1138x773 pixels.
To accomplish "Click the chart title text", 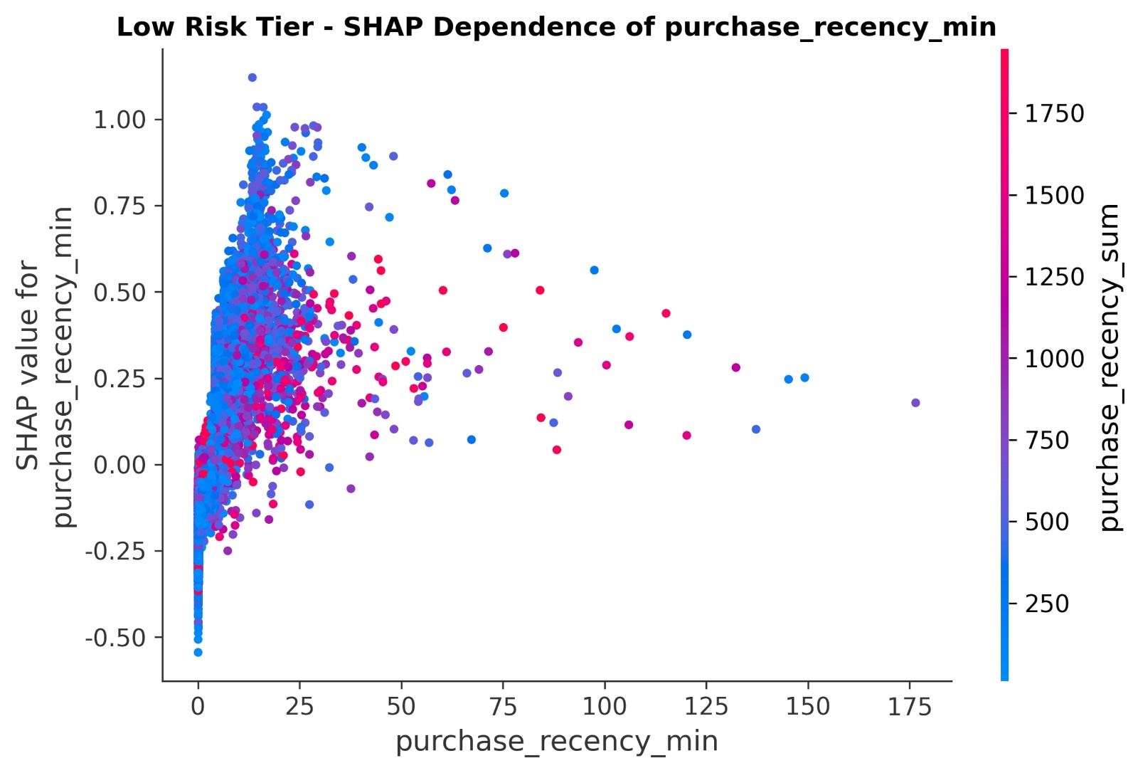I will coord(556,27).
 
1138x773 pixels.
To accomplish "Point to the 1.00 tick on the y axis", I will coord(119,120).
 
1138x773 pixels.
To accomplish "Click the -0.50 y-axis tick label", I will coord(115,638).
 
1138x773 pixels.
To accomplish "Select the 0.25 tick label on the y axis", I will coord(119,379).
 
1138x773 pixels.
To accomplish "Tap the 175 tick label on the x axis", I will coord(909,707).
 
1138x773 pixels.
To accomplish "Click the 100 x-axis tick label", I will coord(605,707).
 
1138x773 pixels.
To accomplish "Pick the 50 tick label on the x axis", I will coord(401,707).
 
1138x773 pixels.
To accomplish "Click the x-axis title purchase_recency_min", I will coord(556,741).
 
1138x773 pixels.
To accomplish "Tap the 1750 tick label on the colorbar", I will coord(1054,114).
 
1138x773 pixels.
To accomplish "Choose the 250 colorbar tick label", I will coord(1047,604).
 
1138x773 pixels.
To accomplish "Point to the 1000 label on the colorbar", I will coord(1054,359).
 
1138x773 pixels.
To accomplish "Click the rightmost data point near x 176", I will coord(915,403).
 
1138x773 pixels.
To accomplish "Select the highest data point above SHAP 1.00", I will coord(252,78).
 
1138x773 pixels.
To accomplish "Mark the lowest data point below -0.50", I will coord(198,652).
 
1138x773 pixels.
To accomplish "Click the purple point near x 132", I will coord(735,368).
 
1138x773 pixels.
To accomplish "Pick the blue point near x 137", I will coord(756,429).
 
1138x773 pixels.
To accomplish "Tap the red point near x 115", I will coord(666,313).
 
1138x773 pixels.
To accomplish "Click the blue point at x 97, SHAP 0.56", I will coord(594,270).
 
